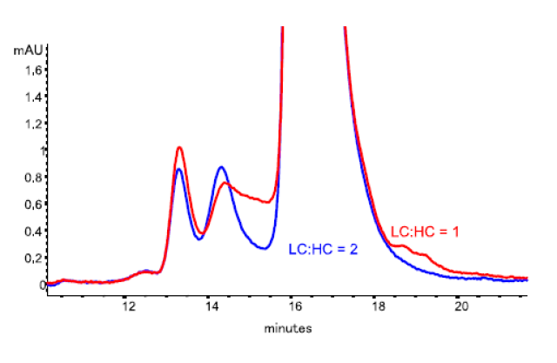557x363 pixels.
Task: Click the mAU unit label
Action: [29, 50]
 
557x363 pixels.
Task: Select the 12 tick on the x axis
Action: [128, 306]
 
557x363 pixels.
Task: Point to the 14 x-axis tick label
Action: [211, 306]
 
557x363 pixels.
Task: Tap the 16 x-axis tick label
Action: [295, 306]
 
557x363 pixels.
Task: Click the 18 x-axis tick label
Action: [379, 306]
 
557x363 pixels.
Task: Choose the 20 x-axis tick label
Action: [462, 306]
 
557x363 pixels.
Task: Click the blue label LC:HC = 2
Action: [324, 249]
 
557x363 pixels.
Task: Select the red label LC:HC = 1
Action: [426, 232]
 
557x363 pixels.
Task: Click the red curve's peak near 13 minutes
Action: [179, 148]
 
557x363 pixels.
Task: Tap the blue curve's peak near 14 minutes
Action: [222, 167]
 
